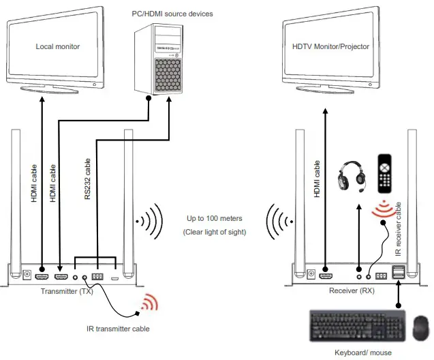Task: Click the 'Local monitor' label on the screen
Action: tap(57, 46)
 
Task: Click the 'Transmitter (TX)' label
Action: tap(65, 292)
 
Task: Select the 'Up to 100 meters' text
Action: tap(215, 219)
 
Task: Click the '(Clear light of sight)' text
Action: tap(215, 232)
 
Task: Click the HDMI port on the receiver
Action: tap(326, 277)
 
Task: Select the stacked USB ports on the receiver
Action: tap(399, 274)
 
